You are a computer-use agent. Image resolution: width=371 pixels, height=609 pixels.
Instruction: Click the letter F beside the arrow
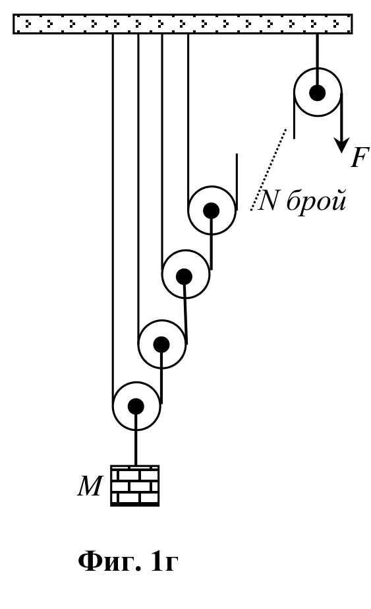pos(359,157)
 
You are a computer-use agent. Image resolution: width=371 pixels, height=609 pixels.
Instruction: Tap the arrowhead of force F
pos(342,145)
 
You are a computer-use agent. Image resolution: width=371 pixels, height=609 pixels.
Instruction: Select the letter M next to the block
pos(90,486)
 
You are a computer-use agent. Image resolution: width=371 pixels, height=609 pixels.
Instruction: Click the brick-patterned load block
pos(134,486)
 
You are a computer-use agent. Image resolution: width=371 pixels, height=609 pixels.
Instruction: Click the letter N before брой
pos(268,201)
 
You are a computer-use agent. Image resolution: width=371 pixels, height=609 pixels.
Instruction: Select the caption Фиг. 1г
pos(128,561)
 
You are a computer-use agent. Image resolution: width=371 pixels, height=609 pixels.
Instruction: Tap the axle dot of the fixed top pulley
pos(318,93)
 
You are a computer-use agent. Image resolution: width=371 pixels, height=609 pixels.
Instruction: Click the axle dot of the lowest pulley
pos(136,406)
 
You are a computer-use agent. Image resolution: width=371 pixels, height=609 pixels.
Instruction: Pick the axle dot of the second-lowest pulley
pos(161,344)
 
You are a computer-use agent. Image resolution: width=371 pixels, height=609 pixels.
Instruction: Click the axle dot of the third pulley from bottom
pos(184,276)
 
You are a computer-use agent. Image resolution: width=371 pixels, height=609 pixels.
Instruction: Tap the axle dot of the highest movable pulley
pos(211,210)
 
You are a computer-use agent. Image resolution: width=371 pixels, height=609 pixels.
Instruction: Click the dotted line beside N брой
pos(269,170)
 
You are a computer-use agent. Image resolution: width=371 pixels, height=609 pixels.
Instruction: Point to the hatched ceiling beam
pos(183,24)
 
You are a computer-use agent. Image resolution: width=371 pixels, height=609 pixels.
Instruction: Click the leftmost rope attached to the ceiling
pos(113,220)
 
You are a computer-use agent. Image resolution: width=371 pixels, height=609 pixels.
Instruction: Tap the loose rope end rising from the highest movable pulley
pos(237,181)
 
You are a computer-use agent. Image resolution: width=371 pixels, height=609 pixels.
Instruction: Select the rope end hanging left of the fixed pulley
pos(294,115)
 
